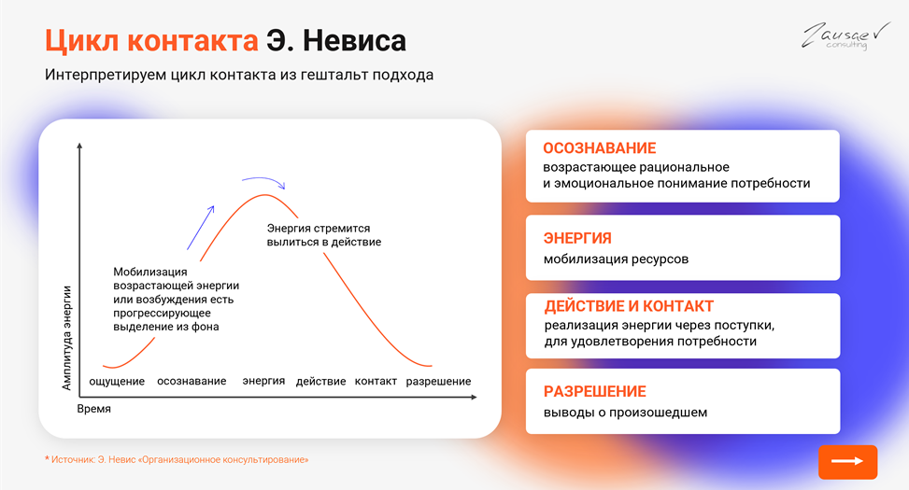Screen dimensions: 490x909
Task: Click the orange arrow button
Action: pyautogui.click(x=847, y=462)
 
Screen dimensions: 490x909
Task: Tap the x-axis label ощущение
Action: pyautogui.click(x=117, y=382)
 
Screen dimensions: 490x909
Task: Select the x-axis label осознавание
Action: pyautogui.click(x=192, y=382)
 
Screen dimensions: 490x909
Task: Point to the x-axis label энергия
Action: pyautogui.click(x=263, y=382)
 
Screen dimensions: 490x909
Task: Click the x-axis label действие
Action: pyautogui.click(x=320, y=382)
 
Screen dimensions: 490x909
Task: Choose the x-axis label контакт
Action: pyautogui.click(x=376, y=382)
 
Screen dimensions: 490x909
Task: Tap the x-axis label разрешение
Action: pyautogui.click(x=438, y=382)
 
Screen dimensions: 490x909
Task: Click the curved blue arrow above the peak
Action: pyautogui.click(x=263, y=180)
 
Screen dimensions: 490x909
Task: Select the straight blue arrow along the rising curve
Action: pyautogui.click(x=200, y=227)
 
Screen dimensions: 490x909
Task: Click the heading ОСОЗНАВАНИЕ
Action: pyautogui.click(x=599, y=148)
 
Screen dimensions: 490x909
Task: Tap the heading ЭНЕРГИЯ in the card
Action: pyautogui.click(x=577, y=238)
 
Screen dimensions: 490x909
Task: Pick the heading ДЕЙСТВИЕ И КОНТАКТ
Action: pyautogui.click(x=629, y=306)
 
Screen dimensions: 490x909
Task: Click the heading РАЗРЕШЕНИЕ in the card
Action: pyautogui.click(x=595, y=391)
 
